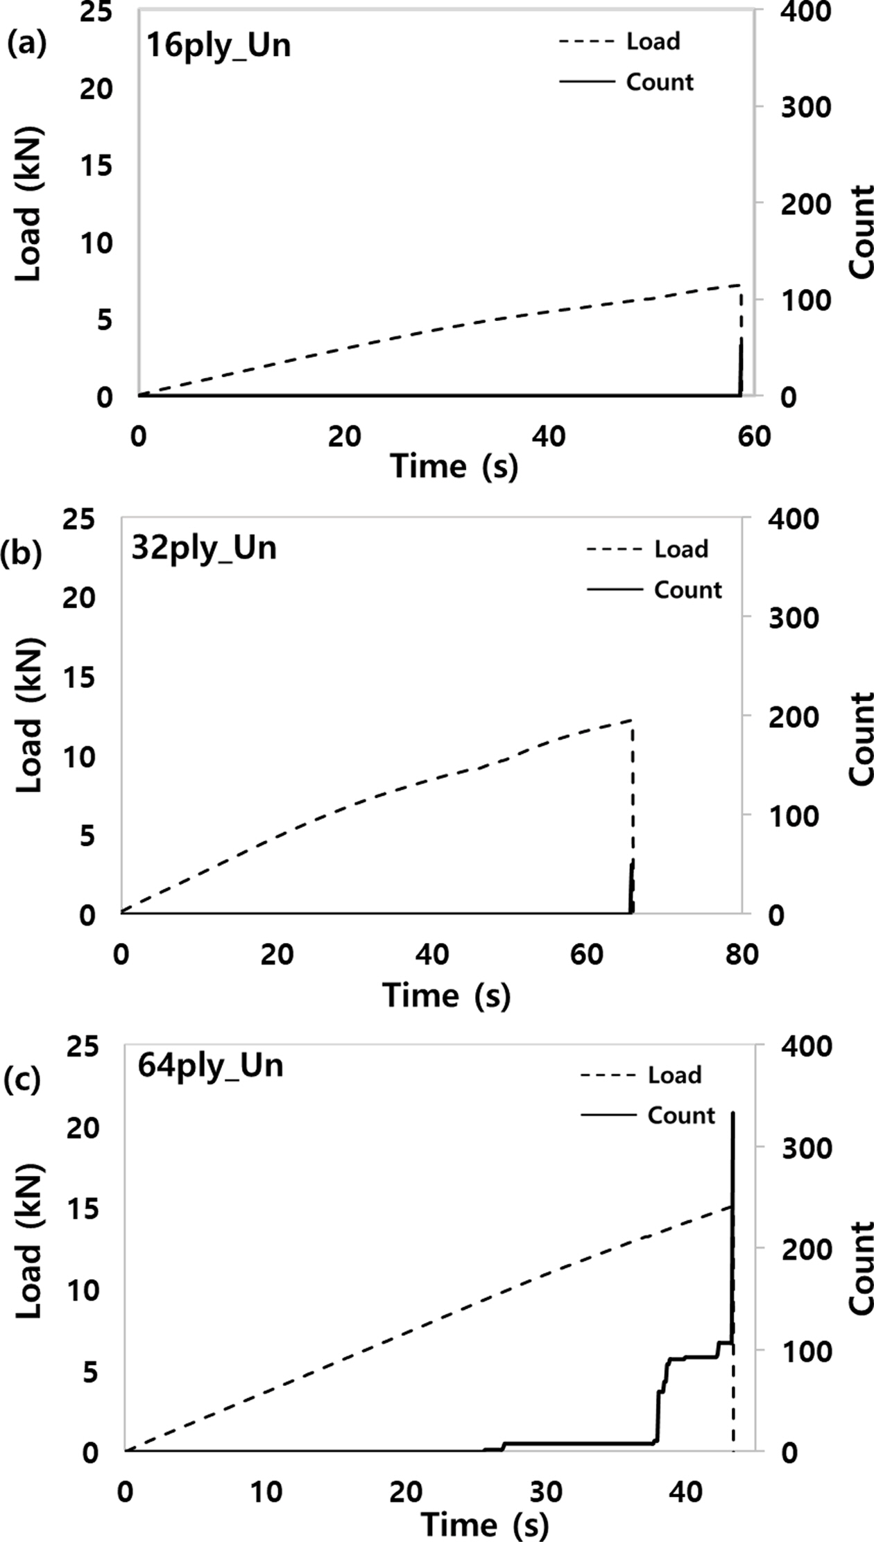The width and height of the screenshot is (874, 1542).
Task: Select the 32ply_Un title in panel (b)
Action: coord(204,548)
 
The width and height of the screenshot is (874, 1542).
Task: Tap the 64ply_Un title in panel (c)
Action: coord(211,1064)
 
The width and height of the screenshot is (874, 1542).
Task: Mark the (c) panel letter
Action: coord(22,1080)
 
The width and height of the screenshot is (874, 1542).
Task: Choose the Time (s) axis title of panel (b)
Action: coord(446,996)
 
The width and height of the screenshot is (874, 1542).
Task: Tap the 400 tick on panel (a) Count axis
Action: coord(807,12)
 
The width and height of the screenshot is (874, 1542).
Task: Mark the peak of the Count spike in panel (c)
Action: coord(733,1112)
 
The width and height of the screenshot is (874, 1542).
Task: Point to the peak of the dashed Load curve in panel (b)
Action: coord(631,721)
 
